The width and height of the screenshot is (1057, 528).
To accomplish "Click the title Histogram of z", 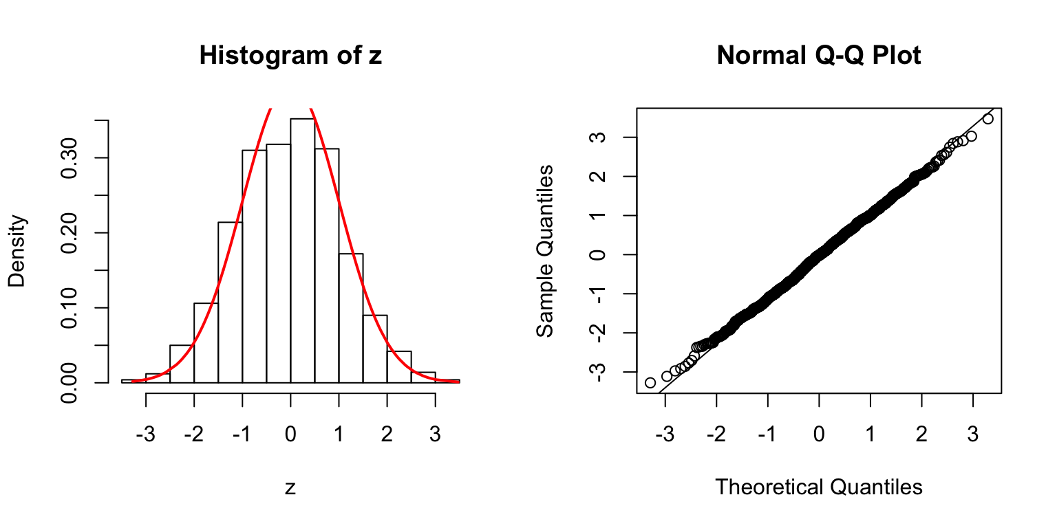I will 290,56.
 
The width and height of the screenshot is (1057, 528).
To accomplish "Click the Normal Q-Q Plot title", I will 818,56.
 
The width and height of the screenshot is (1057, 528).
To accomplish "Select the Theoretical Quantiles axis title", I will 818,487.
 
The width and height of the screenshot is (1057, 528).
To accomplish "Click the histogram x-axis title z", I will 290,487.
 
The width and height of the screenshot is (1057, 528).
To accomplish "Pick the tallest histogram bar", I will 302,250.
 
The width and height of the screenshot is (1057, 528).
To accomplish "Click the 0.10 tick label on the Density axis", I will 69,307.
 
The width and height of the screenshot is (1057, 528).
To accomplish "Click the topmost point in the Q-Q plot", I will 988,119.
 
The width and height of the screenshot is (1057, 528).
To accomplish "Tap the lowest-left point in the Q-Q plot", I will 650,382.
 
